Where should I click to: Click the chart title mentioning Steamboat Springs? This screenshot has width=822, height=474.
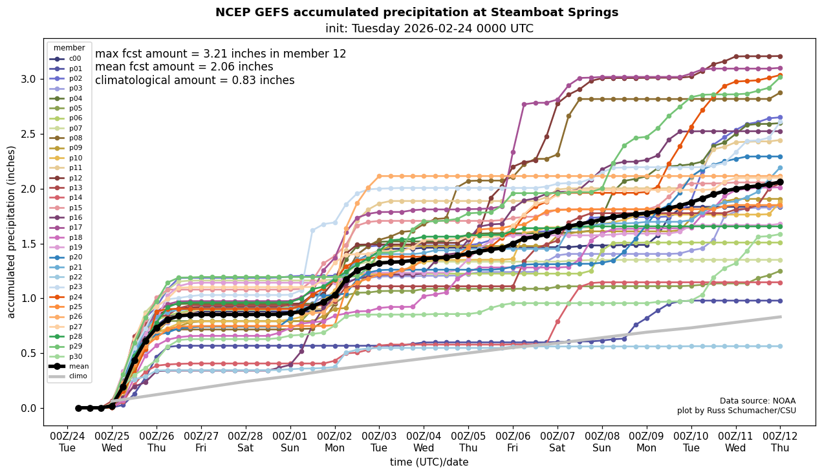[x=416, y=12]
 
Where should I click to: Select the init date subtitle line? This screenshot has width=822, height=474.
[x=429, y=28]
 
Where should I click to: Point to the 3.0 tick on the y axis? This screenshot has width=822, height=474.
[x=28, y=79]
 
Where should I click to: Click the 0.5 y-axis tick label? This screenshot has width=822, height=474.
[x=28, y=353]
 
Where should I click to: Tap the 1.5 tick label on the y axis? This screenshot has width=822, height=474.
[x=28, y=244]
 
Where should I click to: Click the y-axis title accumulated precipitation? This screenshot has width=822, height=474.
[x=11, y=232]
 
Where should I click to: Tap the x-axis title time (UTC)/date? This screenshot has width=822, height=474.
[x=429, y=462]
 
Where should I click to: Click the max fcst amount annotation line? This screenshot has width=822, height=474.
[x=221, y=54]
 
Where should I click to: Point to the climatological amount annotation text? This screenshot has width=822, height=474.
[x=195, y=81]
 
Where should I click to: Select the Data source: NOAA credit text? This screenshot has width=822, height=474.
[x=757, y=401]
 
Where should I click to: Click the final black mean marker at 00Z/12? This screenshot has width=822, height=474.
[x=780, y=182]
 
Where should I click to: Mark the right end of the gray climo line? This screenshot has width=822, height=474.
[x=781, y=317]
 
